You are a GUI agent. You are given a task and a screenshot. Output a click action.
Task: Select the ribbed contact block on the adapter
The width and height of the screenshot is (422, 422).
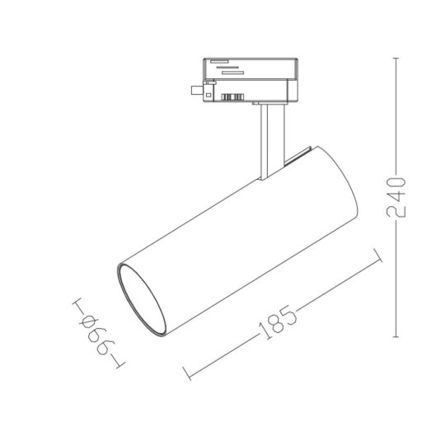click(233, 98)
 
